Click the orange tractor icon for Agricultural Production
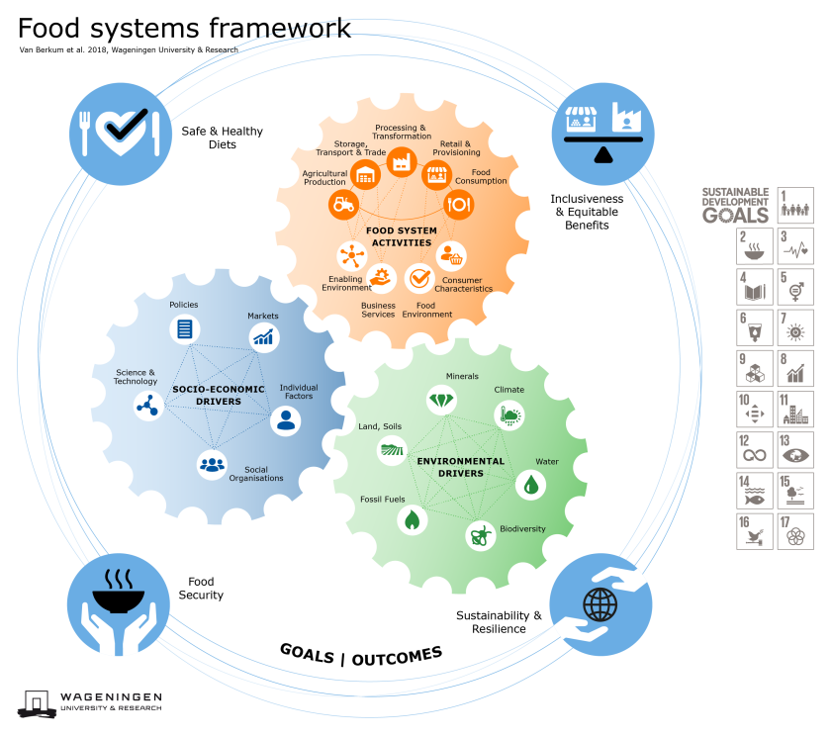pos(343,205)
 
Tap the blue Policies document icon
pos(184,329)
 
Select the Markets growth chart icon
pos(263,337)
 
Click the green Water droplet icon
pos(531,484)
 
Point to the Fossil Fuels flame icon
pos(413,519)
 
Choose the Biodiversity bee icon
pos(481,536)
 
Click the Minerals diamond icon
pos(441,400)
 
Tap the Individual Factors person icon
pos(286,420)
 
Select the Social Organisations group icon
pos(212,463)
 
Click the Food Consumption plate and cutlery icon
pos(458,205)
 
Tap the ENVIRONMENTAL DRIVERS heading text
pos(461,467)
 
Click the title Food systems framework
pos(184,27)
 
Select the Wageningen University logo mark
pos(36,702)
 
